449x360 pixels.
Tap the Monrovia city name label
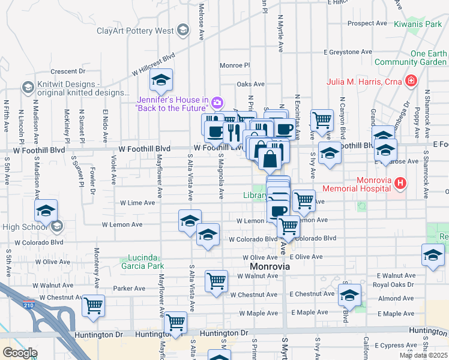[270, 266]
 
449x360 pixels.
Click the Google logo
[20, 353]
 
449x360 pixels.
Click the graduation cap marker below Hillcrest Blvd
[161, 80]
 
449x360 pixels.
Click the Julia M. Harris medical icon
[411, 80]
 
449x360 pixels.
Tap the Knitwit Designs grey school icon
[27, 88]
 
